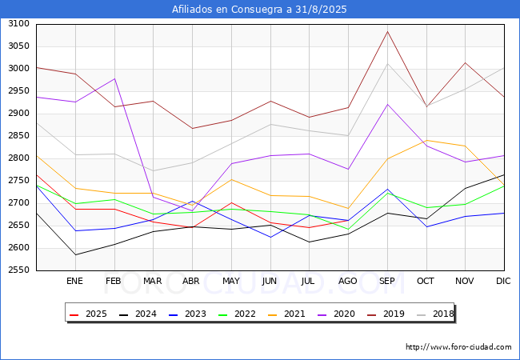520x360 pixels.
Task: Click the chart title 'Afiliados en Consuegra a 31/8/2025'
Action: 259,10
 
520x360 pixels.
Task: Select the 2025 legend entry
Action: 88,314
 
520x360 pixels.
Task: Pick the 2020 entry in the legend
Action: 336,314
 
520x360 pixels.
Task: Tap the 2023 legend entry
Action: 187,314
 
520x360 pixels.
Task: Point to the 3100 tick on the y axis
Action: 19,23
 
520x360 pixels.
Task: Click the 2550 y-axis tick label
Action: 19,270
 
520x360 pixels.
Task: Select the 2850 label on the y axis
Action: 19,135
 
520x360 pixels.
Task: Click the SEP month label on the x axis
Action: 386,281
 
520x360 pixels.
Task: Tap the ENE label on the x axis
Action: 74,281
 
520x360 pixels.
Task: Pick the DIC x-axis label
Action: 503,281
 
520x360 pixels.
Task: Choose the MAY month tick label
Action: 231,281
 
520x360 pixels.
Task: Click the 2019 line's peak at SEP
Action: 387,31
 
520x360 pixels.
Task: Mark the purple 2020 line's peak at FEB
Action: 114,78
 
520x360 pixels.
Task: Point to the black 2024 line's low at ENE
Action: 76,255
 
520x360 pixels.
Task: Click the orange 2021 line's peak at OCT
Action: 426,140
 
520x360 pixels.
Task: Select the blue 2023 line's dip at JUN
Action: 270,238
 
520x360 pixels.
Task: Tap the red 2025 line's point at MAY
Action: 231,202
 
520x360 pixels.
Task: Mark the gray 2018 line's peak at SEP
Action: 387,64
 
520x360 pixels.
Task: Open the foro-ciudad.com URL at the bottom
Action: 458,347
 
